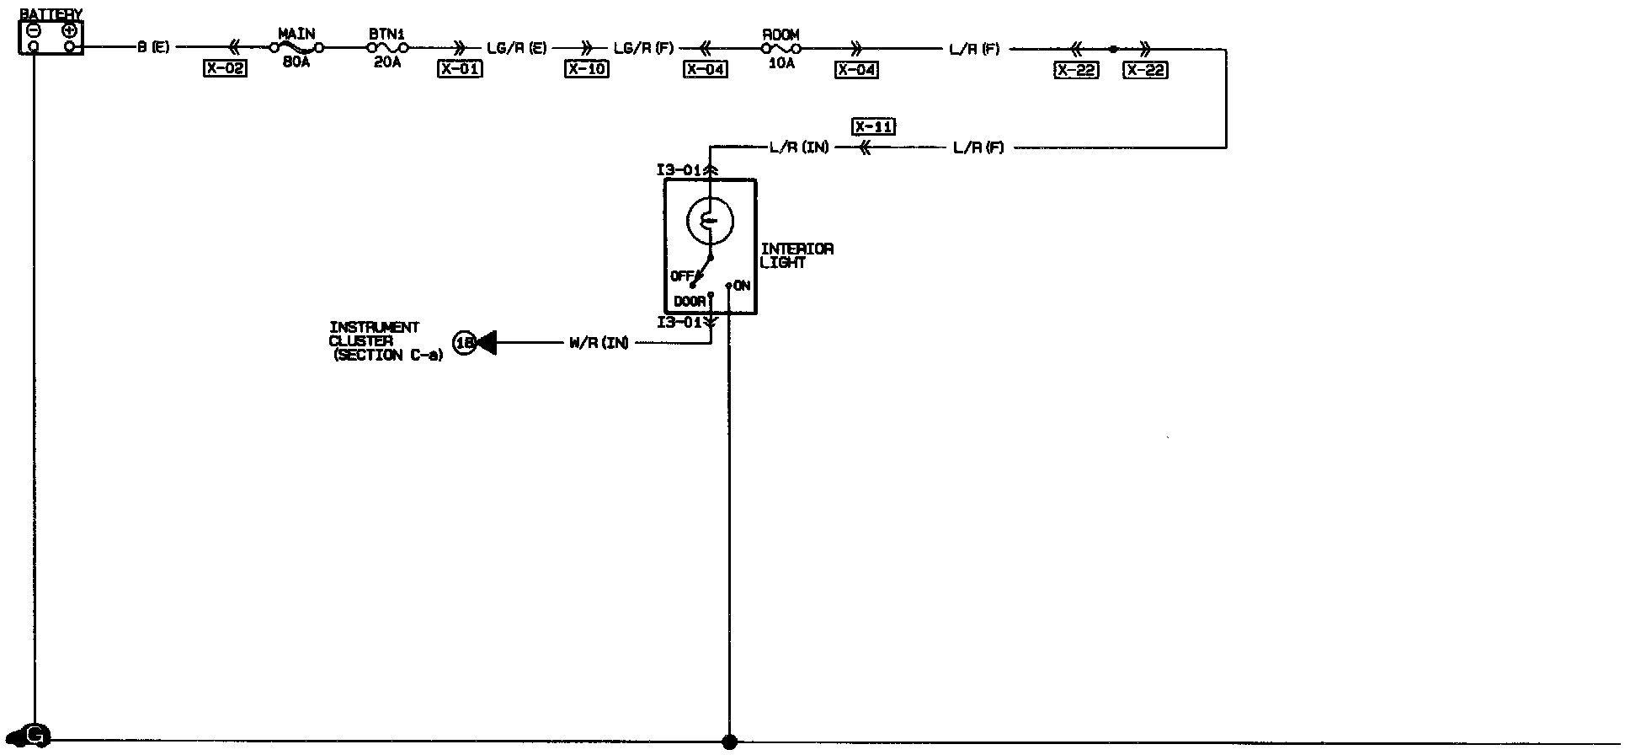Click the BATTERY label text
pyautogui.click(x=51, y=14)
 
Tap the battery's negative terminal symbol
pyautogui.click(x=33, y=30)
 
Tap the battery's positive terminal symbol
pyautogui.click(x=70, y=30)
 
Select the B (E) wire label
pyautogui.click(x=154, y=48)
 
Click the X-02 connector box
pyautogui.click(x=225, y=69)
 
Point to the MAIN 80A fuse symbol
pyautogui.click(x=296, y=49)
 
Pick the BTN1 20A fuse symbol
pyautogui.click(x=387, y=49)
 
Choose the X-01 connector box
pyautogui.click(x=460, y=69)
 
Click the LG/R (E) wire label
pyautogui.click(x=517, y=48)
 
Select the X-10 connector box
pyautogui.click(x=586, y=69)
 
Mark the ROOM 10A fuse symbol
pyautogui.click(x=781, y=49)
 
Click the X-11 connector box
pyautogui.click(x=873, y=126)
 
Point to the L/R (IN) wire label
pyautogui.click(x=799, y=147)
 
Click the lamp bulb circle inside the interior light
pyautogui.click(x=710, y=221)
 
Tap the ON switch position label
pyautogui.click(x=742, y=286)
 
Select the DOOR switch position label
pyautogui.click(x=690, y=302)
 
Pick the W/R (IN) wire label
pyautogui.click(x=599, y=343)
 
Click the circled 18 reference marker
pyautogui.click(x=464, y=343)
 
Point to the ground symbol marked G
pyautogui.click(x=36, y=736)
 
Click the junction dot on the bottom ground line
pyautogui.click(x=729, y=742)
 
